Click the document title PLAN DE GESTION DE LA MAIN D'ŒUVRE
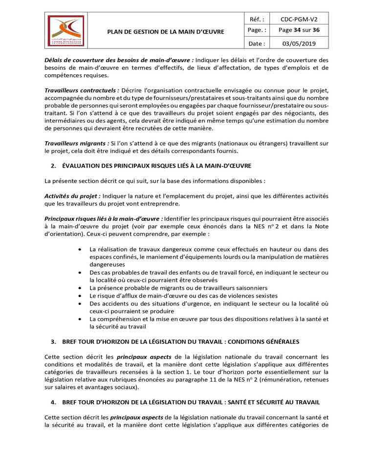point(166,32)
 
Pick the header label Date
point(257,43)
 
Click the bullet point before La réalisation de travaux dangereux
point(80,249)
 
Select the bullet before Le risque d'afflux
point(80,296)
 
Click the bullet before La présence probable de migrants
point(80,288)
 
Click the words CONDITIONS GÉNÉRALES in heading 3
point(266,341)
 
